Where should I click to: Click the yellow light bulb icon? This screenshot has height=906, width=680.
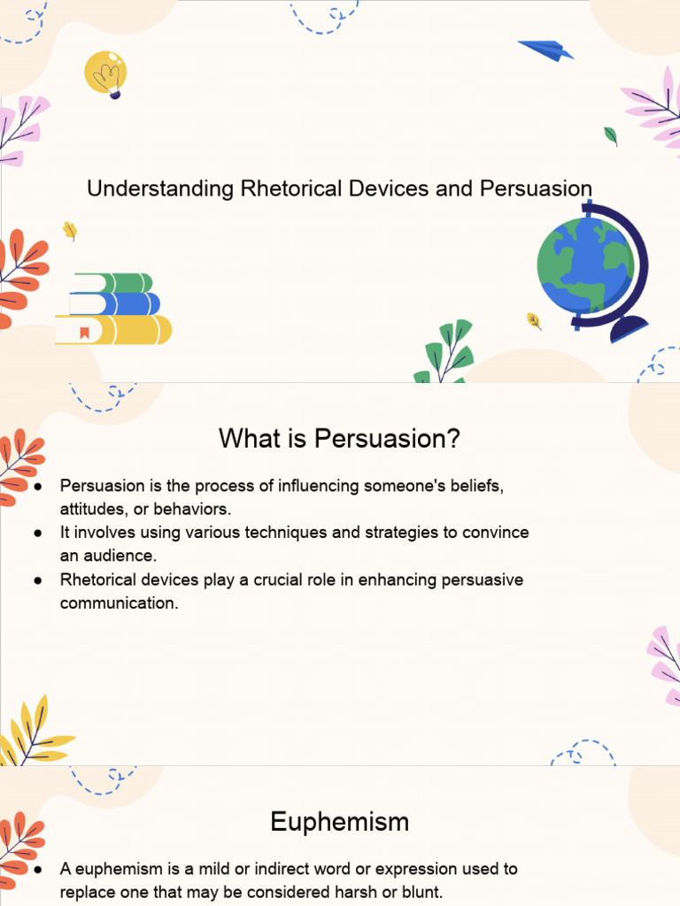coord(105,73)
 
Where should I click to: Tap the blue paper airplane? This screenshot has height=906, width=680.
coord(545,50)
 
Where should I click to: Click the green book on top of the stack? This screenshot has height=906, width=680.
coord(113,283)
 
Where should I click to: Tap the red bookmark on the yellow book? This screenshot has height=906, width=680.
coord(84,333)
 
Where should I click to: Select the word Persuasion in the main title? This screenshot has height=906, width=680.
coord(536,188)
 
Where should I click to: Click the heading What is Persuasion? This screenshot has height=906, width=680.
coord(340,438)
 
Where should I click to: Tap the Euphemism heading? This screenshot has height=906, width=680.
coord(340,822)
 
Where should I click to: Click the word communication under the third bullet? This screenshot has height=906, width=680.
coord(119,603)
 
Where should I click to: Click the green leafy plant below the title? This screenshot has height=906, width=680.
coord(445,354)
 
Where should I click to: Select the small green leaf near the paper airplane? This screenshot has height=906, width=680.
coord(610,135)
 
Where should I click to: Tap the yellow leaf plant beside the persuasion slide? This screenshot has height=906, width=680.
coord(31,731)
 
